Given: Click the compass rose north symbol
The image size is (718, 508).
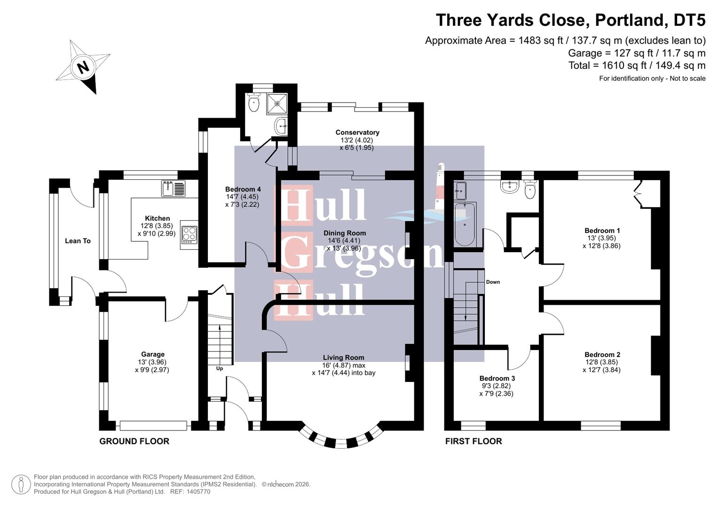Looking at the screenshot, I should pyautogui.click(x=83, y=67).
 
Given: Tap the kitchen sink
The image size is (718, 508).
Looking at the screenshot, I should pyautogui.click(x=174, y=188).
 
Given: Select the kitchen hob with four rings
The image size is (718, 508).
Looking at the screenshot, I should pyautogui.click(x=189, y=234).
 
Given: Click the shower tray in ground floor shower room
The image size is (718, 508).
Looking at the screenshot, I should pyautogui.click(x=276, y=103).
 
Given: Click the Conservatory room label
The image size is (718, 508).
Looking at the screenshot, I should pyautogui.click(x=357, y=133).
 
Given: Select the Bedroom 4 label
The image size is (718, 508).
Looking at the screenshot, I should pyautogui.click(x=243, y=190).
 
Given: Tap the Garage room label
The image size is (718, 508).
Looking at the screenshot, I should pyautogui.click(x=152, y=355).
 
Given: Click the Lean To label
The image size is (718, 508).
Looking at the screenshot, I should pyautogui.click(x=78, y=241).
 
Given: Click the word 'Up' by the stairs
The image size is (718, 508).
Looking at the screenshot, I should pyautogui.click(x=219, y=368).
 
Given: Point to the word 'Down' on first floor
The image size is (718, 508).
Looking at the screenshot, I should pyautogui.click(x=493, y=282).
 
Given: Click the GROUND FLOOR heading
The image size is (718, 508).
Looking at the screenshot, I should pyautogui.click(x=134, y=441).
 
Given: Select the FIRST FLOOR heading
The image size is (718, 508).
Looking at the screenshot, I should pyautogui.click(x=473, y=441).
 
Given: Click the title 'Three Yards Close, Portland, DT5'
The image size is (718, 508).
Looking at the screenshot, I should pyautogui.click(x=570, y=20).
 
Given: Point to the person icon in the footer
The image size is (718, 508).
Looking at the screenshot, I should pyautogui.click(x=21, y=484).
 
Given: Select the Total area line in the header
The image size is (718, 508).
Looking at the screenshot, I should pyautogui.click(x=637, y=65).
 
